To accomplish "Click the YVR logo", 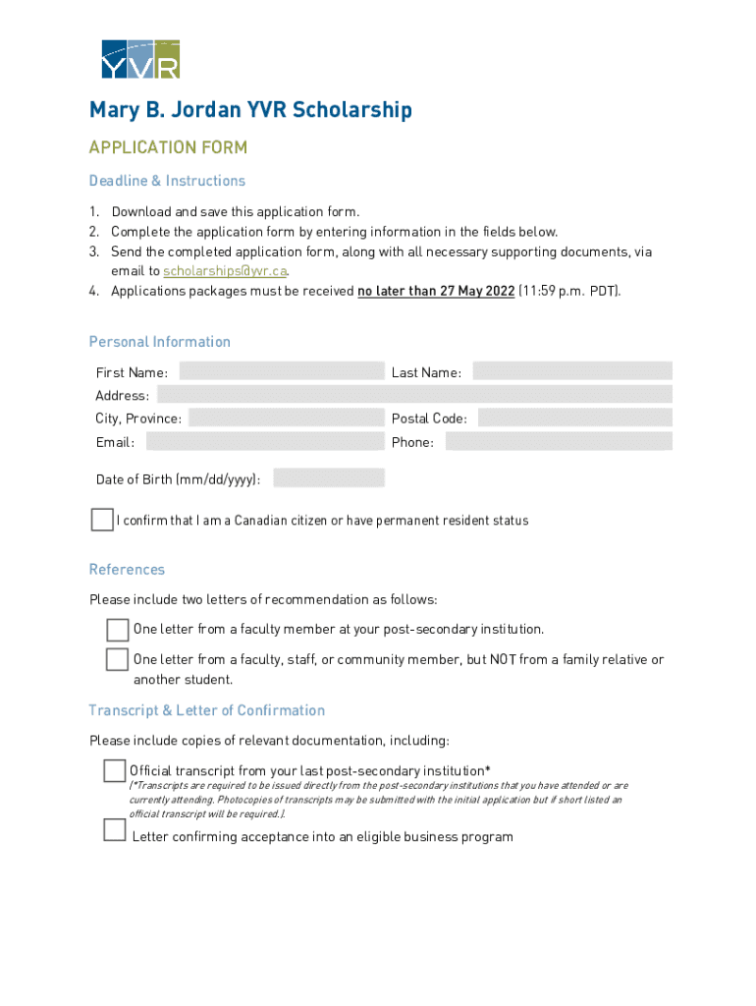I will tap(140, 59).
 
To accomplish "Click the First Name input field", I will tap(281, 371).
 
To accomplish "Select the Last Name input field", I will tap(571, 371).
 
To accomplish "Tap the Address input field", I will tap(413, 395).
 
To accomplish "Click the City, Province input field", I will tap(285, 418).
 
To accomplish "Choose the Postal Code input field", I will tap(574, 418).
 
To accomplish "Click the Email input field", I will tap(264, 441).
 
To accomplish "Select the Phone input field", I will tap(558, 441).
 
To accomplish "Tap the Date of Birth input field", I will tap(328, 478).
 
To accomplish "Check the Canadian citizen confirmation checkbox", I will tap(102, 520).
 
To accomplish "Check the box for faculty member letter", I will tap(118, 629).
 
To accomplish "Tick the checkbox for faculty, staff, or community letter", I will tap(118, 659).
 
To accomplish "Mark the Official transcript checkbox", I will tap(115, 771).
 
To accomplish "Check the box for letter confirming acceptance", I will tap(115, 831).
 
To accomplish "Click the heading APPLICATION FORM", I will tap(168, 147).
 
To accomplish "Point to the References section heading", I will tap(127, 570).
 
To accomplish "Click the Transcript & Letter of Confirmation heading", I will tap(206, 710).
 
